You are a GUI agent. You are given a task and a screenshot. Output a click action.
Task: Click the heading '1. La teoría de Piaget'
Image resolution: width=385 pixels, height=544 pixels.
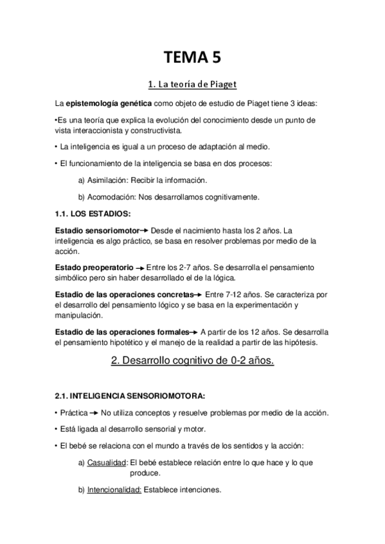[x=193, y=85]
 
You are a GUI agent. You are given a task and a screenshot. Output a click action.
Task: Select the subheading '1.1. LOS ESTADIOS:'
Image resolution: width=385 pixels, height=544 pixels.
[x=94, y=213]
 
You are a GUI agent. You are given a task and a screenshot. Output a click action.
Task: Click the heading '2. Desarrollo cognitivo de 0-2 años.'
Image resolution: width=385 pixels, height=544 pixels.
[x=193, y=362]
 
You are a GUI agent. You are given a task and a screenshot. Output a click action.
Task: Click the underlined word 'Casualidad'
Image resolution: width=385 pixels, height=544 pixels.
[x=107, y=462]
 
